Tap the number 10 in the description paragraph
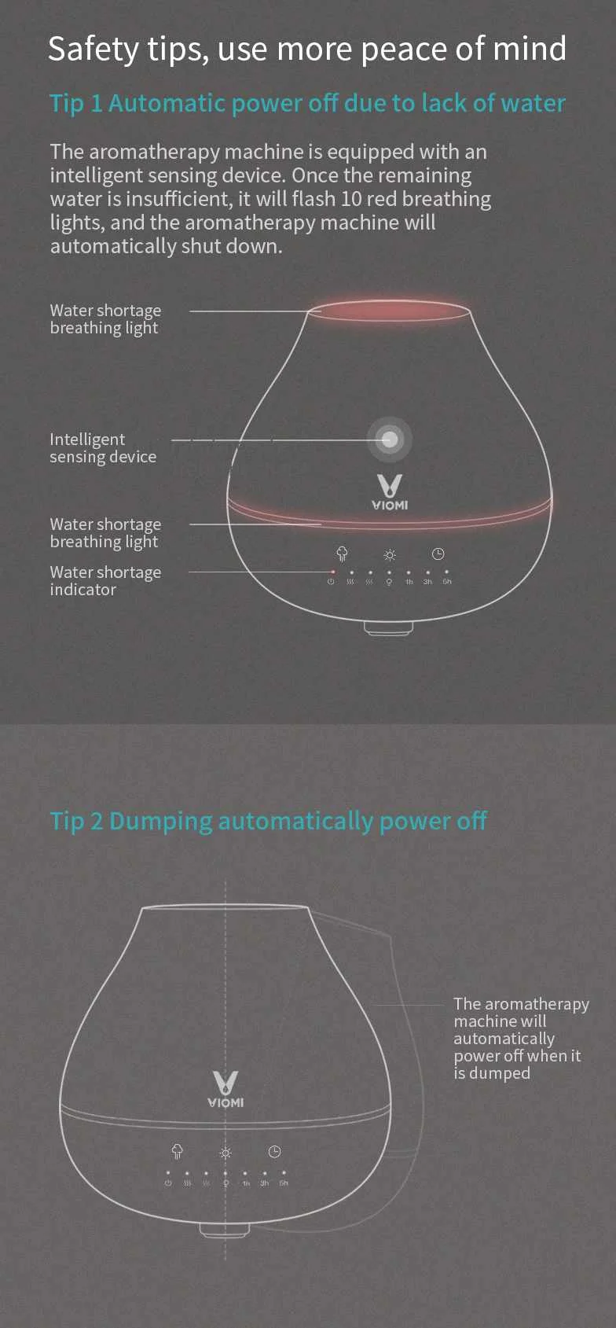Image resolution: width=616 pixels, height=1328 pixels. click(351, 199)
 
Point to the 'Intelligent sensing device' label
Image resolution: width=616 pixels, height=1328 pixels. click(103, 448)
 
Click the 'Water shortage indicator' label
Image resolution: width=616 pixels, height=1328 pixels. click(105, 581)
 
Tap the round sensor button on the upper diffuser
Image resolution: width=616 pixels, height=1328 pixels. click(390, 440)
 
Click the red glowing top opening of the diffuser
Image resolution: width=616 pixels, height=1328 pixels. click(390, 311)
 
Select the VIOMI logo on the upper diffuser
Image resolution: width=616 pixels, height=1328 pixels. click(390, 492)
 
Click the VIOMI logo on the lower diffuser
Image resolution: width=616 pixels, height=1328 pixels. click(225, 1089)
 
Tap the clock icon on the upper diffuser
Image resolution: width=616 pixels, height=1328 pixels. click(438, 554)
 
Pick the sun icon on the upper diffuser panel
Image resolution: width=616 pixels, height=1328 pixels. click(390, 555)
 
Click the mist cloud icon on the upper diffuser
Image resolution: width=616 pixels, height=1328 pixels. click(342, 554)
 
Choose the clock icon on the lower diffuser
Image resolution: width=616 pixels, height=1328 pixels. click(274, 1152)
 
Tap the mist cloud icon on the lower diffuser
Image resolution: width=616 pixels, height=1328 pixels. click(178, 1152)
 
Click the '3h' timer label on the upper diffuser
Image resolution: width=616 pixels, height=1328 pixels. click(427, 582)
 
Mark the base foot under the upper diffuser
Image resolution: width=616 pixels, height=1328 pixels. click(388, 628)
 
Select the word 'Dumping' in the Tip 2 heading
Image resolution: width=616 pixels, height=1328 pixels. click(161, 821)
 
